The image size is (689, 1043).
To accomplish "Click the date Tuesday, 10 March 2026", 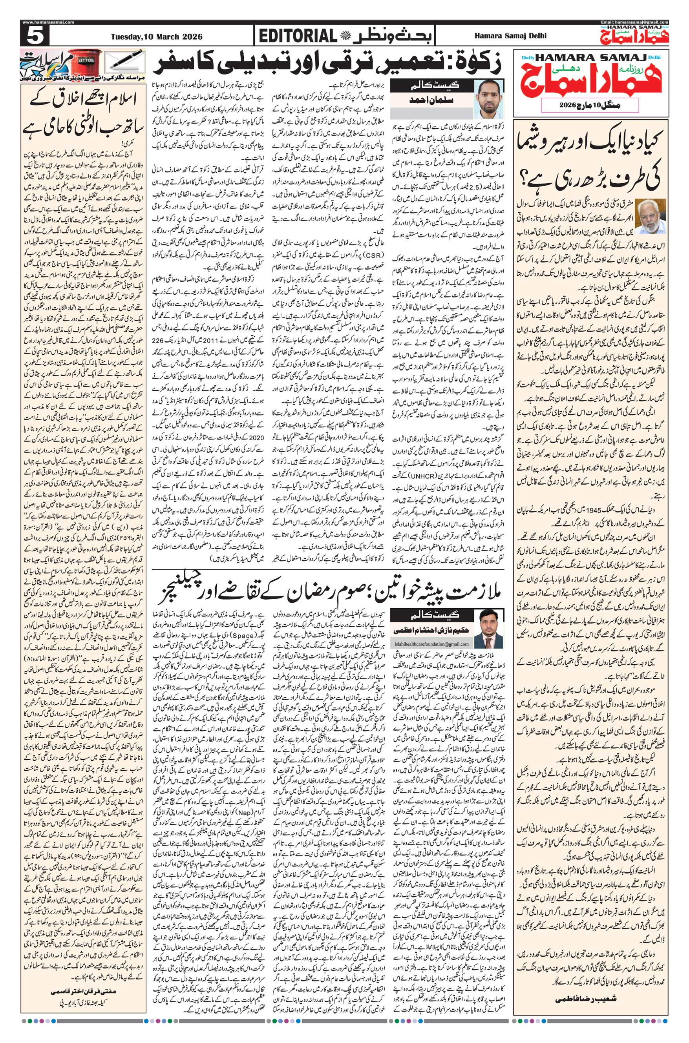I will point(163,37).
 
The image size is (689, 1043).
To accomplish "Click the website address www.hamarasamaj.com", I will point(42,22).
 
